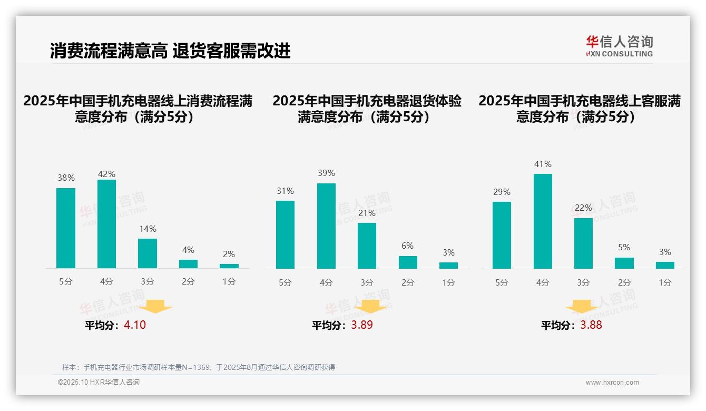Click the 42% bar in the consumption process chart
106,224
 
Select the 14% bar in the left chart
148,253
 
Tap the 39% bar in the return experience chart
326,226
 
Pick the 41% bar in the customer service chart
543,221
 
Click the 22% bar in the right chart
583,243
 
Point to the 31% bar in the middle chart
285,234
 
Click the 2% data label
229,255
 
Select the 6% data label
407,246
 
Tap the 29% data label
502,192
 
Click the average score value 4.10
135,325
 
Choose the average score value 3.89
362,325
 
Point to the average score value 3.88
591,325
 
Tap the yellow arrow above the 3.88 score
582,307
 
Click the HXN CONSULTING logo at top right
619,46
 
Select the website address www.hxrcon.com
612,383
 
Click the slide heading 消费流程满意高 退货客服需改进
170,51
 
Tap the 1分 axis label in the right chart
665,282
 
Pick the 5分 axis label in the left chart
66,282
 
